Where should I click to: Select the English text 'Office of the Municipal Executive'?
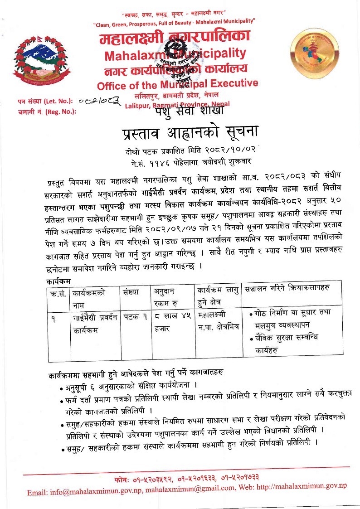[x=177, y=84]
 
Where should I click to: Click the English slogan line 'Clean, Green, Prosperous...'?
[x=174, y=21]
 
